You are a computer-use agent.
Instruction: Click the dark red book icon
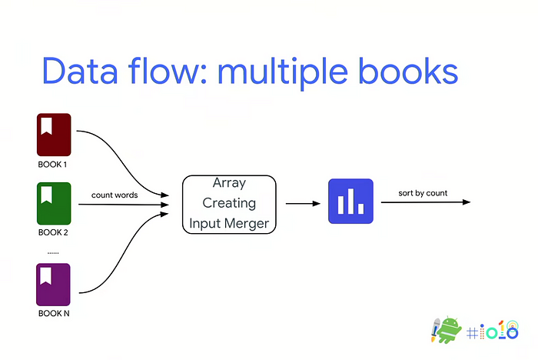pos(54,135)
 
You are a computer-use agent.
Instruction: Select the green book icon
pos(54,203)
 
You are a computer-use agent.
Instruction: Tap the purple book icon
pos(54,285)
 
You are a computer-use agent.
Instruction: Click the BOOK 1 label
pos(54,164)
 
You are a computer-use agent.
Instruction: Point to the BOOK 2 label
pos(54,232)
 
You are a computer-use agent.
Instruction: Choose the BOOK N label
pos(54,313)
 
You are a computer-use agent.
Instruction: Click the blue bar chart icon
pos(350,202)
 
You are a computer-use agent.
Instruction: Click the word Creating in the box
pos(228,204)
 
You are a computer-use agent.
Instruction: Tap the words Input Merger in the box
pos(228,224)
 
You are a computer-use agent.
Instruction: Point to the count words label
pos(115,195)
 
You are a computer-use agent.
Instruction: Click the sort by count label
pos(423,192)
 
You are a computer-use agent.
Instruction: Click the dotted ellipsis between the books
pos(54,252)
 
